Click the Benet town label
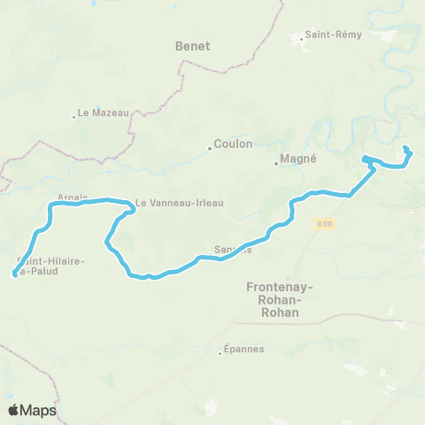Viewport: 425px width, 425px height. pos(192,46)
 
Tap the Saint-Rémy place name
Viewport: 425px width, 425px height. pos(328,36)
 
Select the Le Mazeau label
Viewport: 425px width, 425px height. pos(104,113)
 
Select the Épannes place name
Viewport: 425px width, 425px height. pos(244,349)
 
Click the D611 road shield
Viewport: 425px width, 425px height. pos(325,224)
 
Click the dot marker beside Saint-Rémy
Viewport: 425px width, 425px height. pos(301,37)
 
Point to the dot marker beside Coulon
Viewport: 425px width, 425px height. pos(210,147)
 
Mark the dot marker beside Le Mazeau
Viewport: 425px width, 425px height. pos(74,114)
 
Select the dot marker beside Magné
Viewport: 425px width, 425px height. pos(275,162)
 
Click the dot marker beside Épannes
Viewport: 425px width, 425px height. pos(220,352)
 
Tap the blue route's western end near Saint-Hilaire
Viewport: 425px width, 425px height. pos(14,274)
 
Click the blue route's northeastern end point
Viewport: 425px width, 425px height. pos(406,148)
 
